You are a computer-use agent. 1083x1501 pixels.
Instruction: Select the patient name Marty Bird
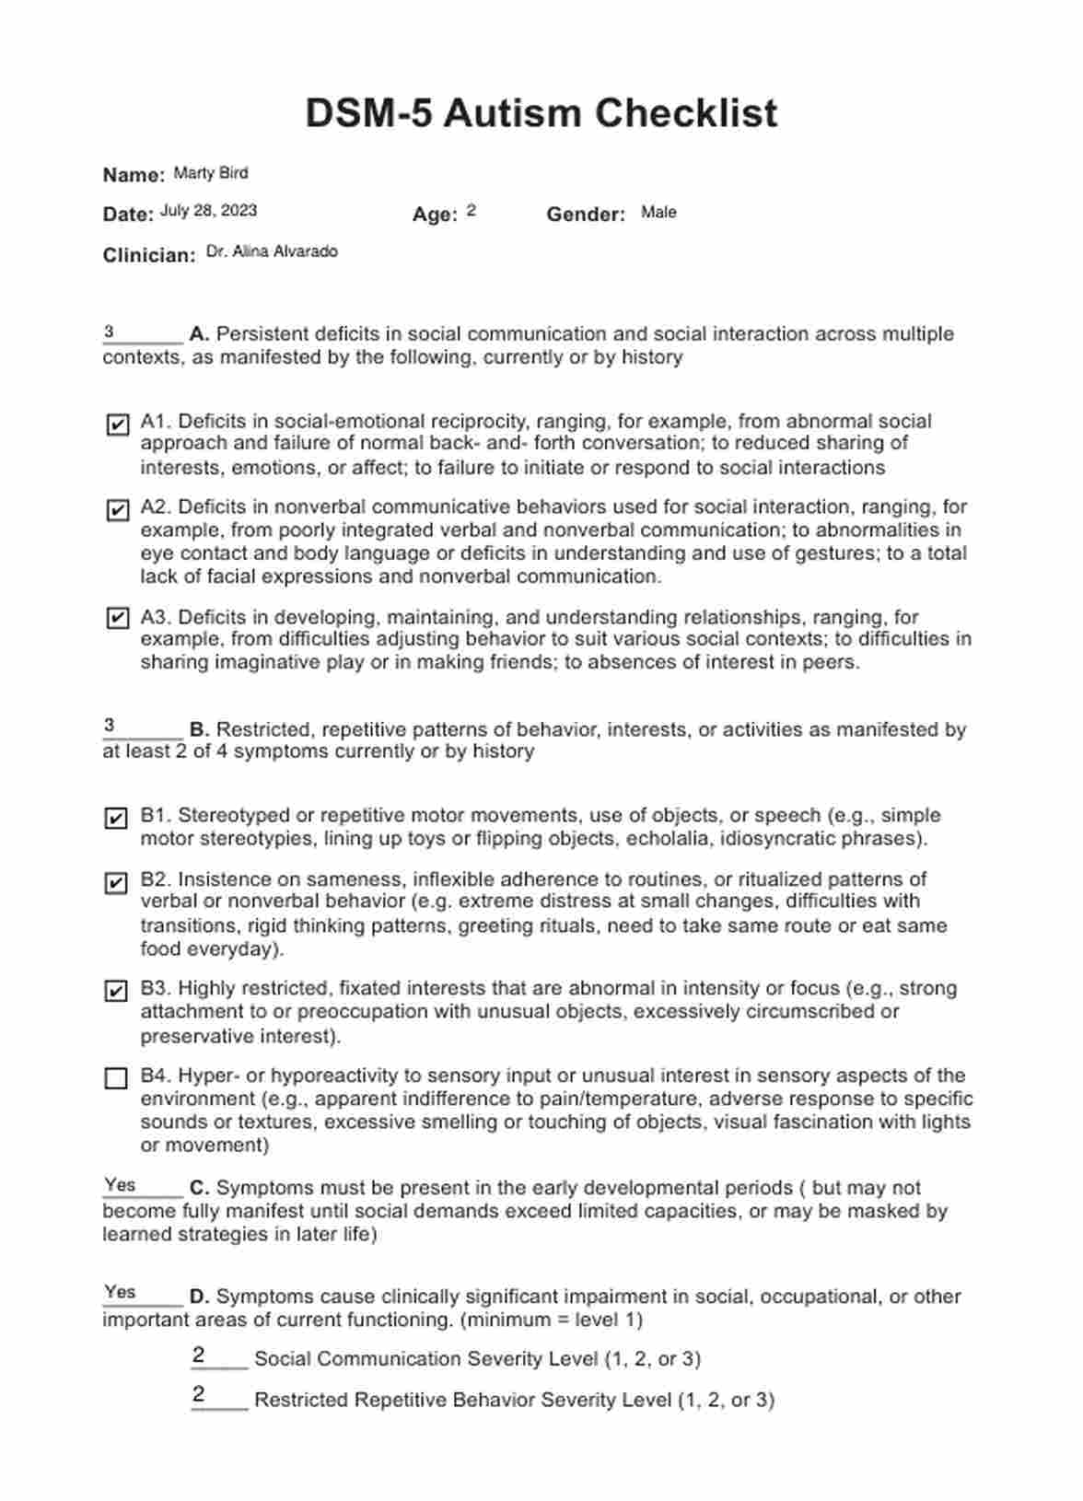[x=211, y=173]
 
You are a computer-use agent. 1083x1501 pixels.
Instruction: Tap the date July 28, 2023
[x=208, y=211]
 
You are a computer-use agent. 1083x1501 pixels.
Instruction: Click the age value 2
[x=471, y=212]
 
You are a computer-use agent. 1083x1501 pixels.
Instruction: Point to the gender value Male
[x=658, y=213]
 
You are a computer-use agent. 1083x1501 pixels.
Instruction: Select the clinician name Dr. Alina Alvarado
[x=272, y=251]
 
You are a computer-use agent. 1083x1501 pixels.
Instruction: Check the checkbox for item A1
[x=117, y=425]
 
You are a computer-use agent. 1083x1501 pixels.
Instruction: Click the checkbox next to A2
[x=117, y=509]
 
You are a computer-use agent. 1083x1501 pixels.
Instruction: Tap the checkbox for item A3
[x=117, y=618]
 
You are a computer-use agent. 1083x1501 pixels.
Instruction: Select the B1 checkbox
[x=117, y=818]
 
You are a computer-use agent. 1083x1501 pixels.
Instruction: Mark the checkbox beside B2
[x=117, y=883]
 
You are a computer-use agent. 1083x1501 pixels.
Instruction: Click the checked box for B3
[x=117, y=991]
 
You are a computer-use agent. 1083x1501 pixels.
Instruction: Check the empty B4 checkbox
[x=117, y=1078]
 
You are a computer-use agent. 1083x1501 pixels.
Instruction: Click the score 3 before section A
[x=110, y=332]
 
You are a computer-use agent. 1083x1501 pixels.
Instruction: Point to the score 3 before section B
[x=110, y=726]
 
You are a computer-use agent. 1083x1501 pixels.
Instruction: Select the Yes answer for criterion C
[x=120, y=1185]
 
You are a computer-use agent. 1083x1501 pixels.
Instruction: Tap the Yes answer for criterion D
[x=120, y=1292]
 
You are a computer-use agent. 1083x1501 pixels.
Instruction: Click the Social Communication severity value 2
[x=199, y=1356]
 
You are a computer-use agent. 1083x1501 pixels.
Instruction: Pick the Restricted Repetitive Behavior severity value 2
[x=199, y=1395]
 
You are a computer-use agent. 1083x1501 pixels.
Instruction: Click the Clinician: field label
[x=149, y=255]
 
